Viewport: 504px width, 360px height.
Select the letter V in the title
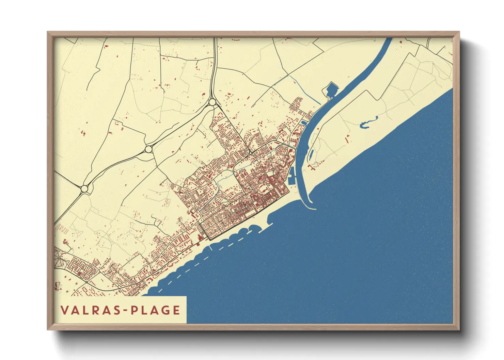click(64, 310)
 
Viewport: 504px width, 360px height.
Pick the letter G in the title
click(166, 310)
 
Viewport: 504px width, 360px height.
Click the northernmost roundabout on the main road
click(212, 102)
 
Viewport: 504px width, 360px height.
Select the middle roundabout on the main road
click(148, 149)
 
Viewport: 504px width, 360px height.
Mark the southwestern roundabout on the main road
click(84, 188)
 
